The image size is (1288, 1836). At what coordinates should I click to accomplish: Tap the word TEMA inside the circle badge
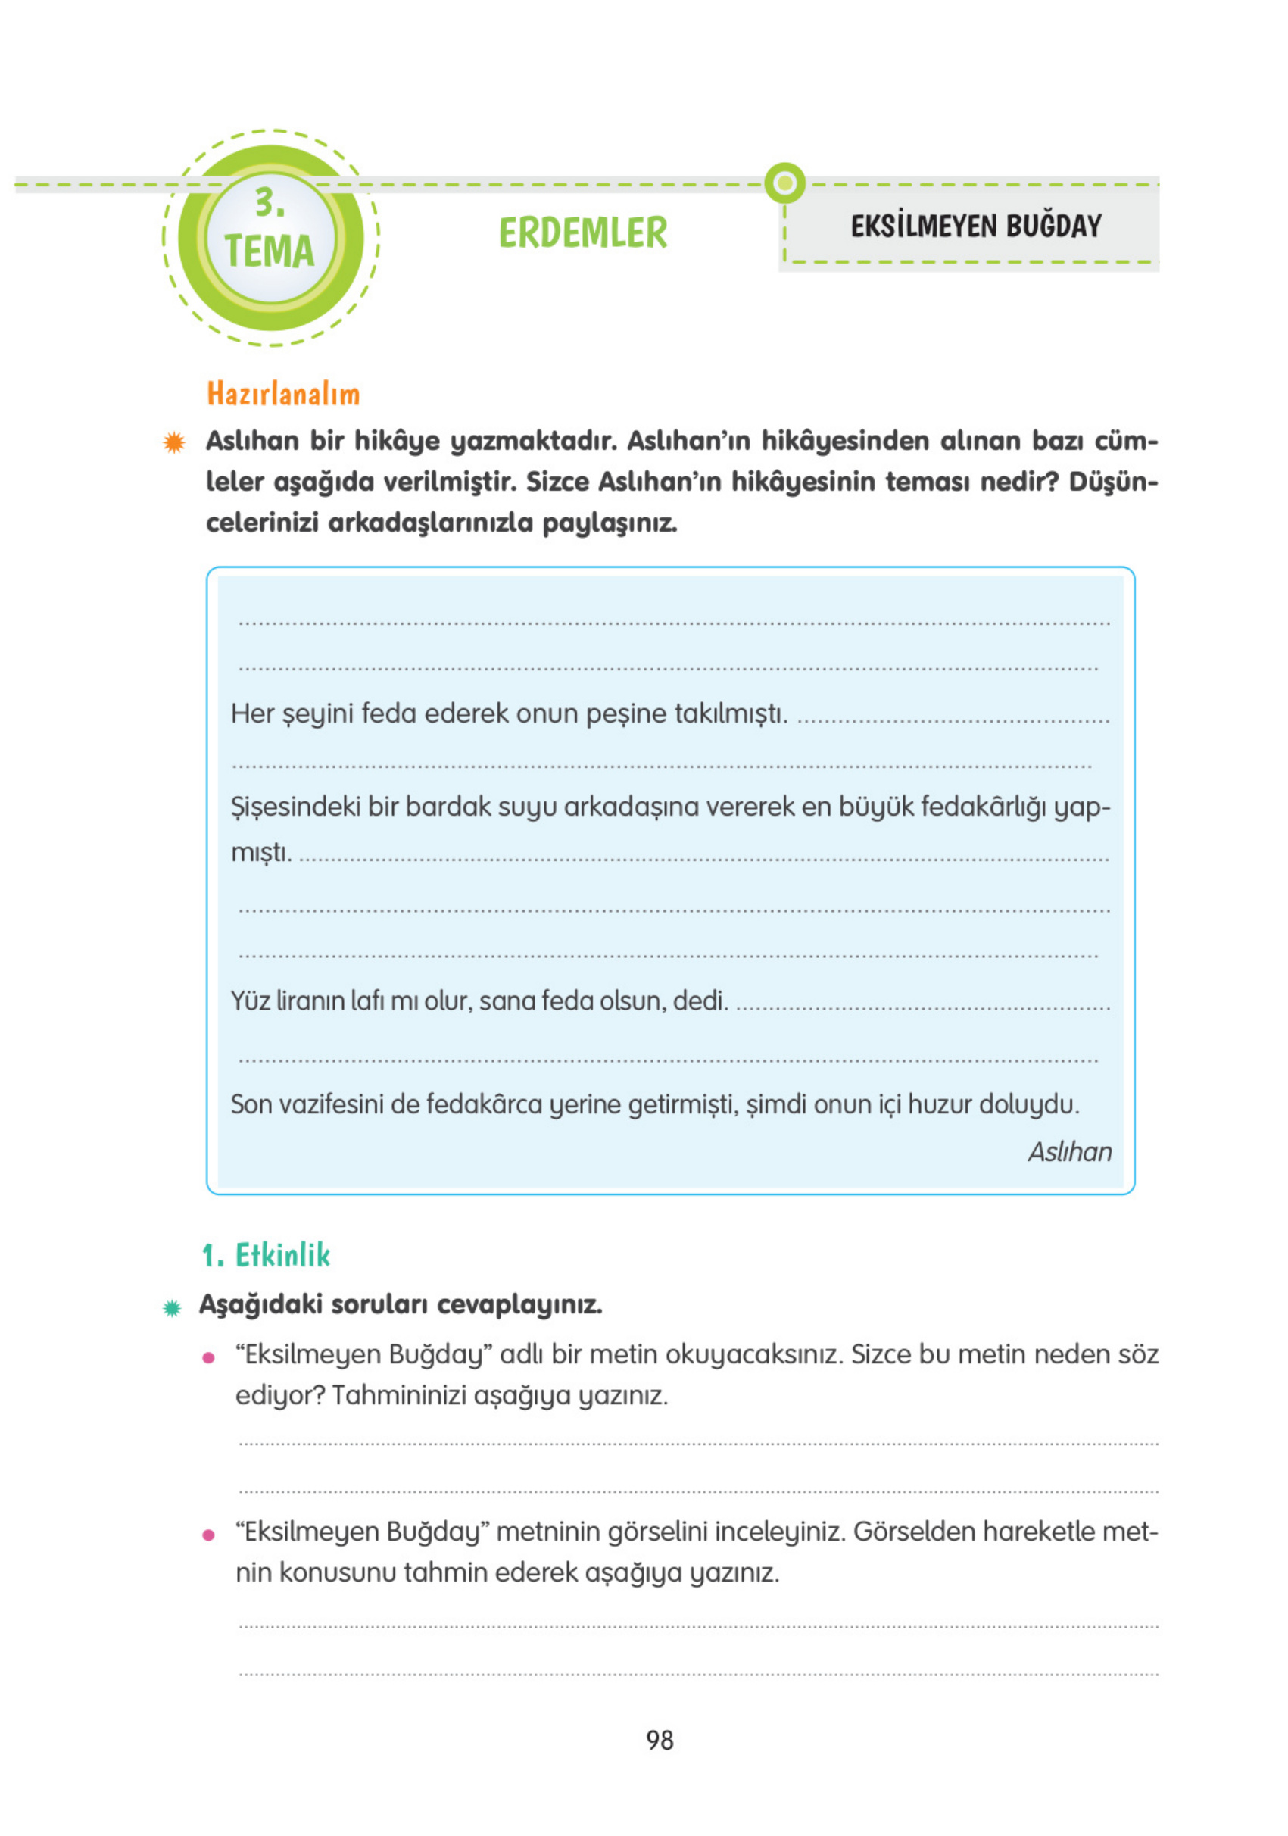pyautogui.click(x=269, y=251)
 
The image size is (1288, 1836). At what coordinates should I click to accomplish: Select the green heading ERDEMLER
pyautogui.click(x=582, y=233)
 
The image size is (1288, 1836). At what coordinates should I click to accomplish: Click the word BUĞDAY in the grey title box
pyautogui.click(x=1053, y=226)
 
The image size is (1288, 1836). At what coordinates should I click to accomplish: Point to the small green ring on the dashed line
pyautogui.click(x=784, y=183)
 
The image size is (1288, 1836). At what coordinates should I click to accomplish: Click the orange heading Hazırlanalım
pyautogui.click(x=283, y=394)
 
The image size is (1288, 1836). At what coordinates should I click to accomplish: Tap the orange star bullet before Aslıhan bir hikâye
pyautogui.click(x=173, y=442)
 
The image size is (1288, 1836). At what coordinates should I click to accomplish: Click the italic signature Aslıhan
pyautogui.click(x=1069, y=1152)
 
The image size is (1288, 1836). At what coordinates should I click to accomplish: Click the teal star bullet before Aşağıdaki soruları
pyautogui.click(x=172, y=1308)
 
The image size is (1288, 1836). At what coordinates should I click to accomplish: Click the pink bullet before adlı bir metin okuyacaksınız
pyautogui.click(x=209, y=1358)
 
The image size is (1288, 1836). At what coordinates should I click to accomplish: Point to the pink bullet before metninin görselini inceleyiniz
pyautogui.click(x=209, y=1535)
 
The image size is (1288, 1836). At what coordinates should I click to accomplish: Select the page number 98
pyautogui.click(x=660, y=1740)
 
